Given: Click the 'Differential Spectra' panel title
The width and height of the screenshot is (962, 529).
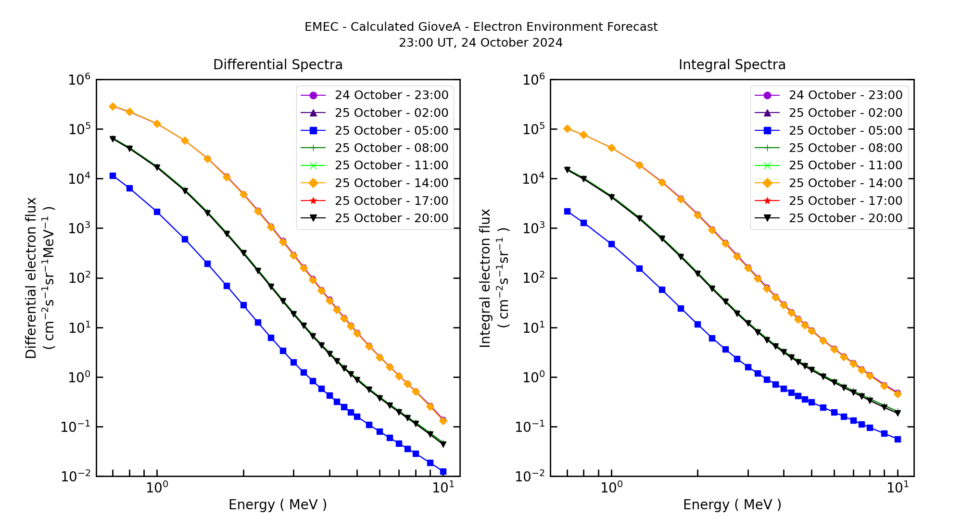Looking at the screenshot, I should tap(278, 65).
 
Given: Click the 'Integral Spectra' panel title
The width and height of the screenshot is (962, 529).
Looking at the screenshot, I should tap(732, 65).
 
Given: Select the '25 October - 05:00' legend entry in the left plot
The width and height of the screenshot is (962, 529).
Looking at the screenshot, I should tap(391, 130).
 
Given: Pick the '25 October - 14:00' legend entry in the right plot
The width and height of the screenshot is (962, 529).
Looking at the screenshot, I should tap(845, 183).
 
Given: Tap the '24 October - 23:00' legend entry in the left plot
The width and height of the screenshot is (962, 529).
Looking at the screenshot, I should tap(391, 95).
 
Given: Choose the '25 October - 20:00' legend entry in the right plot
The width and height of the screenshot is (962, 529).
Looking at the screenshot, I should tap(845, 218).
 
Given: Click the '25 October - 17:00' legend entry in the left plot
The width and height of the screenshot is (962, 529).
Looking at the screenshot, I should tap(391, 201).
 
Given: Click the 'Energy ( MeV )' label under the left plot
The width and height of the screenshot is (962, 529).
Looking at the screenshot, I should tap(278, 504).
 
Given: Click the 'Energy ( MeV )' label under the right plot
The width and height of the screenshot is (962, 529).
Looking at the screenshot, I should tap(732, 504).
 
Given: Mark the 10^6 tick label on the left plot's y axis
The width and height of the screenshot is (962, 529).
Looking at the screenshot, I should tap(79, 80).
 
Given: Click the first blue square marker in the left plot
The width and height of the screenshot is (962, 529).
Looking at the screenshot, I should tap(113, 176).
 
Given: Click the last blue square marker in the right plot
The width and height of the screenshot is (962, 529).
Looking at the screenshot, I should tap(898, 439).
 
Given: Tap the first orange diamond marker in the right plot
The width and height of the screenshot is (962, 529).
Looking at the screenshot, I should tap(567, 128).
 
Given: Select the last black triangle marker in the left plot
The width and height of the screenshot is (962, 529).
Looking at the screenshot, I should tap(443, 444).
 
